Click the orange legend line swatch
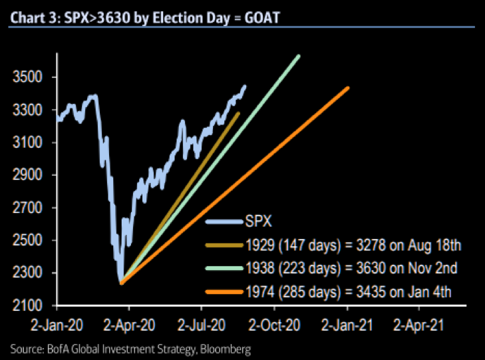tap(223, 291)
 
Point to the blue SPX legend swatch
tap(223, 223)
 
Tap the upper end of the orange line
tap(347, 88)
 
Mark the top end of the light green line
tap(299, 55)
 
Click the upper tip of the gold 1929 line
tap(239, 113)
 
